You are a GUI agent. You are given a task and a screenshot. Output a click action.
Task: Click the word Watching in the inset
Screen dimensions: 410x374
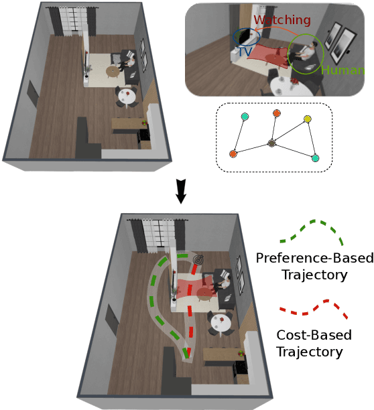tap(282, 21)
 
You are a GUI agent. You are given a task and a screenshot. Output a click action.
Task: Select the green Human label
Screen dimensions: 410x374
tap(346, 69)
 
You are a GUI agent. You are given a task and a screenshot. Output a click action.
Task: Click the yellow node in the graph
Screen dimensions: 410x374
tap(308, 119)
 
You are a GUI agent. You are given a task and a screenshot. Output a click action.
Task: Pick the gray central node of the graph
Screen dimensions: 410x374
tap(271, 143)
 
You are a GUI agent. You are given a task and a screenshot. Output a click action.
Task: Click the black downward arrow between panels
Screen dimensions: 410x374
tap(180, 192)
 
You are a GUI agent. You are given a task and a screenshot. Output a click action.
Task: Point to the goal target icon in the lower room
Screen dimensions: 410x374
tap(198, 259)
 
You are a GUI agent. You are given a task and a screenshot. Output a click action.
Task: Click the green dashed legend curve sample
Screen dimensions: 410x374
tap(312, 231)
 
